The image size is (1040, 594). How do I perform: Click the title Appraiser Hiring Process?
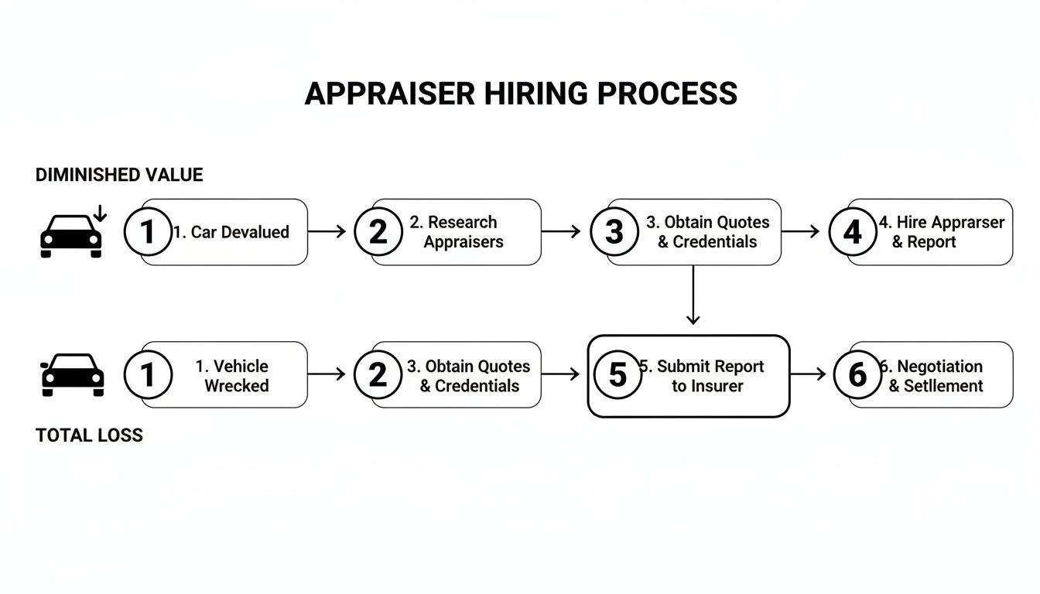(520, 94)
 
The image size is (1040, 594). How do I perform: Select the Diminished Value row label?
(119, 175)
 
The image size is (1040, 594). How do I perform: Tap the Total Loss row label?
(89, 435)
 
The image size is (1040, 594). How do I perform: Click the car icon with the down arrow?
(71, 235)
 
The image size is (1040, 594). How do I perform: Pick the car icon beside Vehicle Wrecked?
(71, 374)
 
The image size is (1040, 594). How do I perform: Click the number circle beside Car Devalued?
(147, 232)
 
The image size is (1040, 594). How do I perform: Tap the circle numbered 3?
(614, 232)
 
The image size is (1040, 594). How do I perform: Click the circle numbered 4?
(852, 232)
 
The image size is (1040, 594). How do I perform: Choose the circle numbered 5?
(617, 374)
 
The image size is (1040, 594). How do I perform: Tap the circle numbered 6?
(857, 374)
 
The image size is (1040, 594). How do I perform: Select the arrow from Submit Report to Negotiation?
(809, 374)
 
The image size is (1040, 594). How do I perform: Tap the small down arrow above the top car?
(100, 213)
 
